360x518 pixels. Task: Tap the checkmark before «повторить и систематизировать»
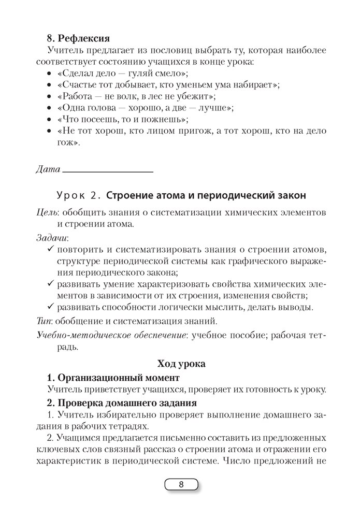(x=50, y=250)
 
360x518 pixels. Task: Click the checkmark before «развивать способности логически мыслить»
(x=50, y=308)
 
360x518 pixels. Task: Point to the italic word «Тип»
(x=44, y=322)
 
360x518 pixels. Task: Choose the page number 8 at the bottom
(x=181, y=485)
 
